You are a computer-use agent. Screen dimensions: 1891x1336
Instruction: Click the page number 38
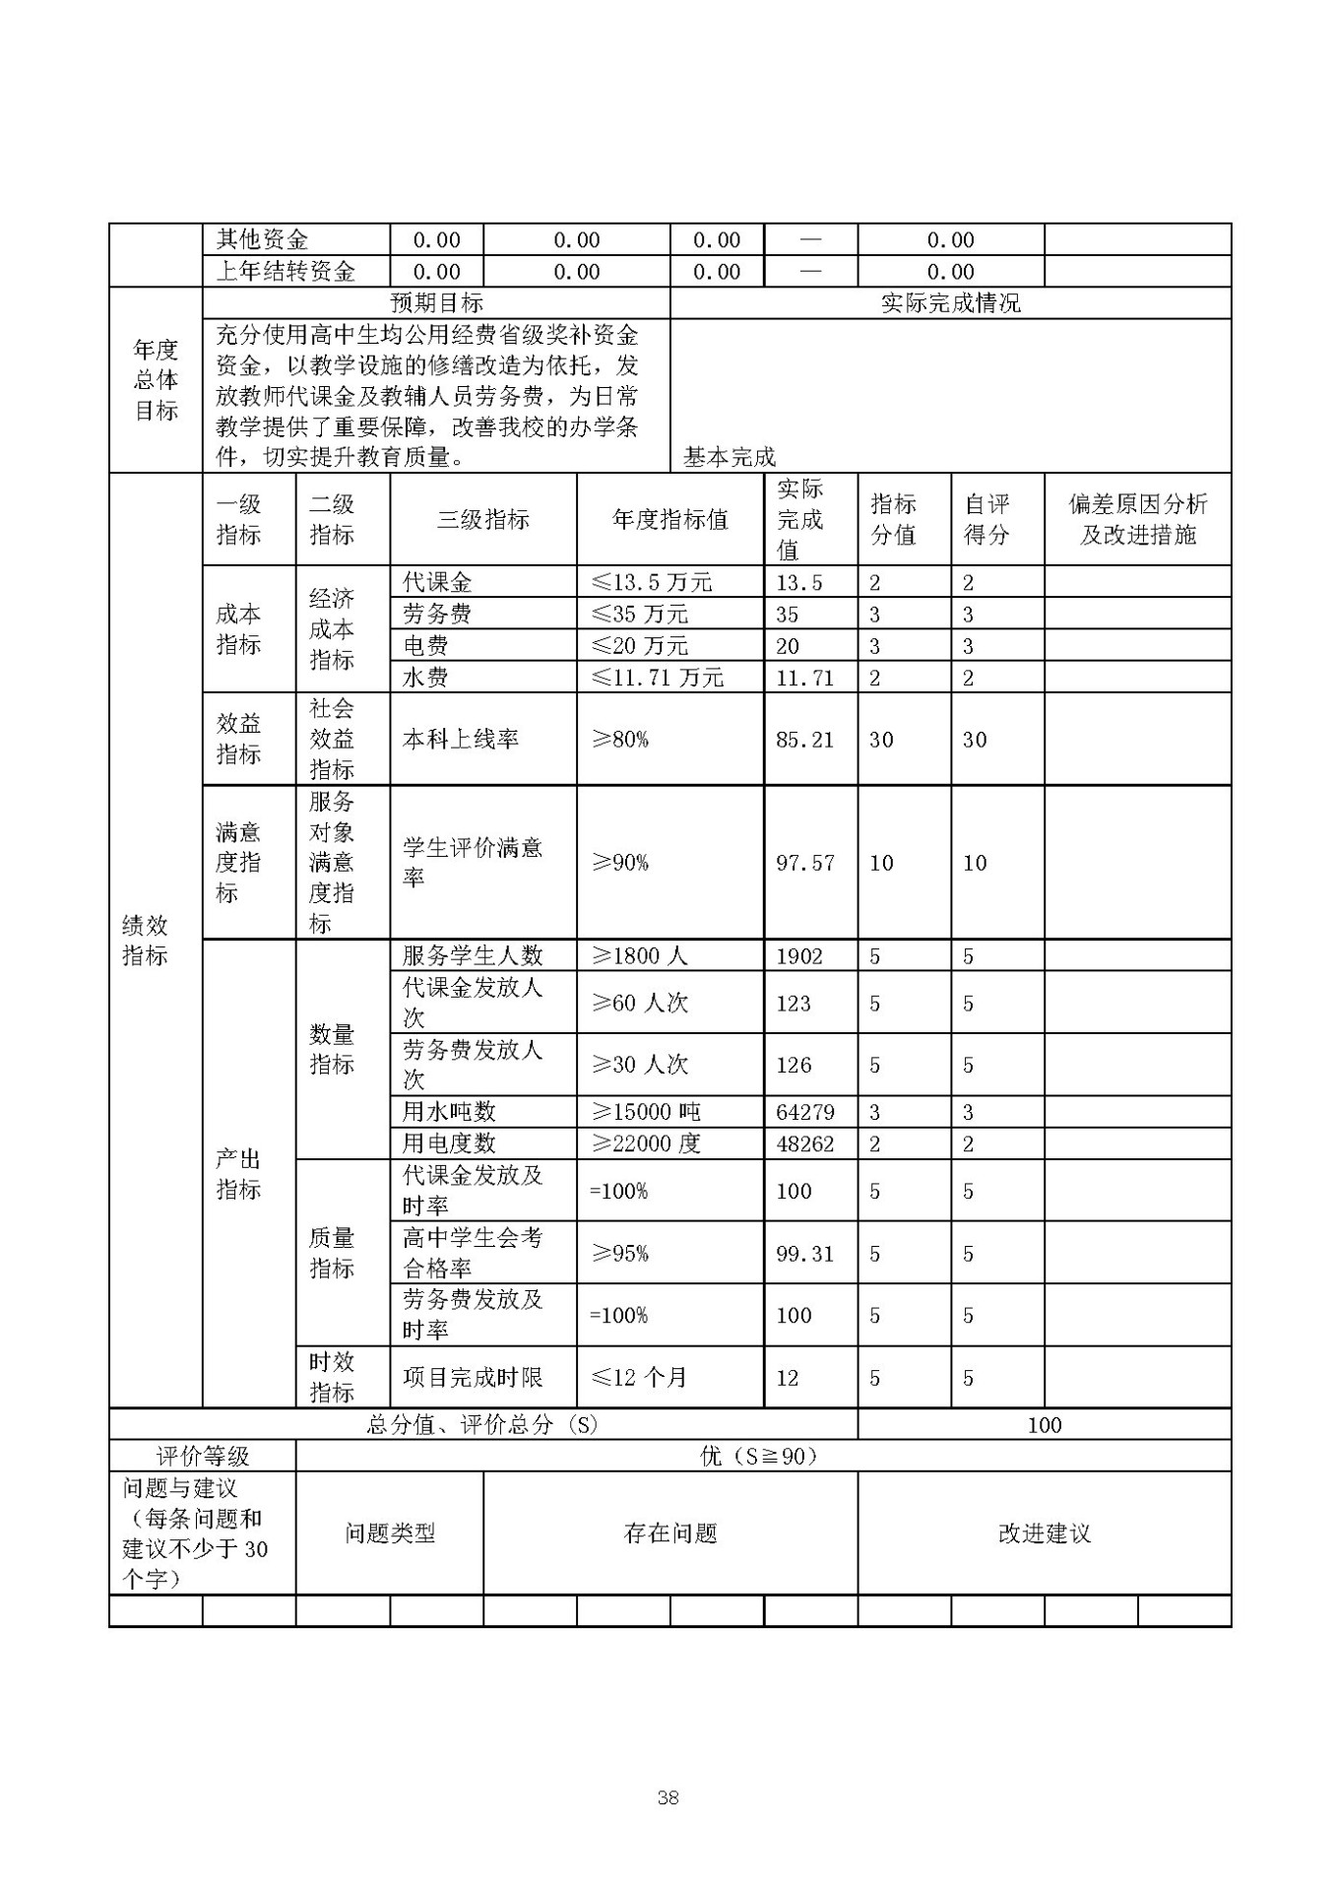point(668,1797)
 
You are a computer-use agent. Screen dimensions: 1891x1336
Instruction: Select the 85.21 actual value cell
point(804,740)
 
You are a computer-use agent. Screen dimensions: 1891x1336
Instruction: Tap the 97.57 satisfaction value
point(804,863)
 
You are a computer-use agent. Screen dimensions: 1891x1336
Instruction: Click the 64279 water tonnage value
point(804,1112)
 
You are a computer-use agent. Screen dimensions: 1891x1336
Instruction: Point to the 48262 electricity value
point(804,1143)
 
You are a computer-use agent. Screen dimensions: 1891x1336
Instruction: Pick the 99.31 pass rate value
point(804,1254)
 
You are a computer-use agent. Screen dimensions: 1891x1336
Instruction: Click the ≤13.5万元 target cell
point(651,582)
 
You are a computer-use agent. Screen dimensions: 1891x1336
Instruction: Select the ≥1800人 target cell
point(639,955)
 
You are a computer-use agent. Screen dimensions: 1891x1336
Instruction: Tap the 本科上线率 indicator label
point(460,740)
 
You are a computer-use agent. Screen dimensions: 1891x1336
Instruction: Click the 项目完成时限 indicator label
point(473,1377)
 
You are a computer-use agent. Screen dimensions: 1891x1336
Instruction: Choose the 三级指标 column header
point(482,520)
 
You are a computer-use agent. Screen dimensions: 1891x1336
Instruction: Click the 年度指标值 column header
point(669,520)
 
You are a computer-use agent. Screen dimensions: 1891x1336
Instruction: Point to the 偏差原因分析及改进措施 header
point(1137,520)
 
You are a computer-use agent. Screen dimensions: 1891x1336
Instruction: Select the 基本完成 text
point(730,457)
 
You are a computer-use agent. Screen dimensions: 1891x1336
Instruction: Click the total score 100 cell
point(1044,1424)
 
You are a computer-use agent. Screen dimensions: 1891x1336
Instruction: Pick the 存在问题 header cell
point(669,1533)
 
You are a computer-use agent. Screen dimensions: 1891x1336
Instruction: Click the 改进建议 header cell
point(1044,1533)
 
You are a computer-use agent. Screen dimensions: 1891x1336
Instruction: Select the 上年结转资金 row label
point(286,272)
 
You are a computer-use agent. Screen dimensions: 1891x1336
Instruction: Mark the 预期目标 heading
point(436,303)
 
